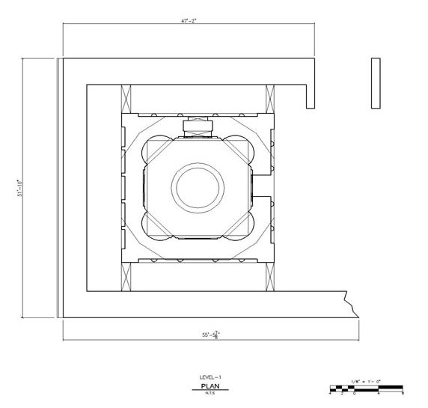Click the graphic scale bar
coord(366,389)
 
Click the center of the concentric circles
coord(198,184)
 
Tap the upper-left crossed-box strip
coord(126,99)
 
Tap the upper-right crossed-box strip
coord(270,99)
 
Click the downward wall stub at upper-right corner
coord(308,94)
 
